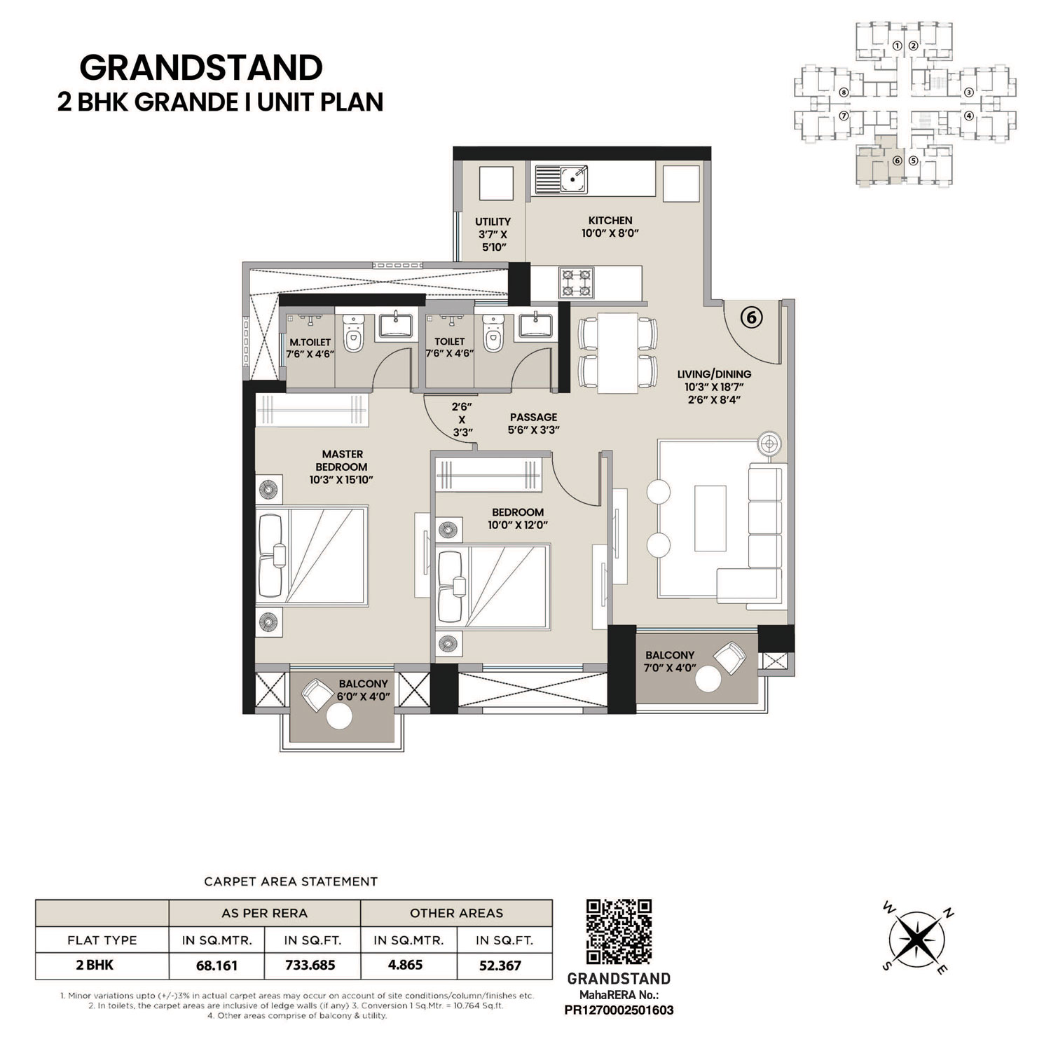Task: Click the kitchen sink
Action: pos(561,179)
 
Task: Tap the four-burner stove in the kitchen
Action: pos(576,283)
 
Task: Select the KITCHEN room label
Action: pos(610,220)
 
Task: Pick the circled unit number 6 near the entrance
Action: pos(751,317)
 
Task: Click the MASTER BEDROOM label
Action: pos(342,460)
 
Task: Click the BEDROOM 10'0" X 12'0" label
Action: pos(517,518)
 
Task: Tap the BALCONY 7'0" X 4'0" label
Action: pos(670,661)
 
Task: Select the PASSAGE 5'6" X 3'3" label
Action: pos(533,423)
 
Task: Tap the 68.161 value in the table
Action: pos(217,965)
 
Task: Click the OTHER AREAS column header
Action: pos(456,913)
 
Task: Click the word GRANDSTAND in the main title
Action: pos(201,68)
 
